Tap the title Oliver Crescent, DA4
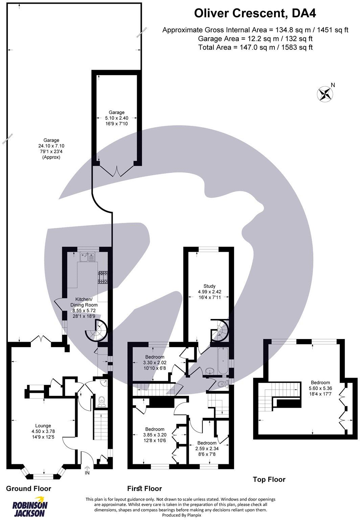click(x=255, y=14)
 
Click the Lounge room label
click(x=43, y=426)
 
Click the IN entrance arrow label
click(x=87, y=473)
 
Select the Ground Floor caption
click(x=29, y=488)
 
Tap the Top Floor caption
click(x=269, y=479)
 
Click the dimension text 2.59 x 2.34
click(x=207, y=448)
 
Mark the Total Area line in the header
click(x=255, y=47)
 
